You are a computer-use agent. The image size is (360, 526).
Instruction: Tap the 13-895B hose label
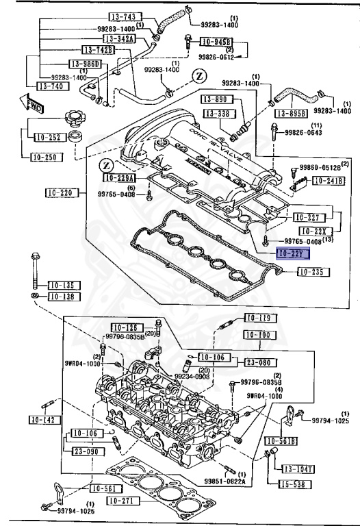(x=292, y=112)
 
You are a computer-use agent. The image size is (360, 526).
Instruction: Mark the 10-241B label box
(x=329, y=181)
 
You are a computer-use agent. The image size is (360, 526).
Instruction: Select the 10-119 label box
(x=259, y=318)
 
